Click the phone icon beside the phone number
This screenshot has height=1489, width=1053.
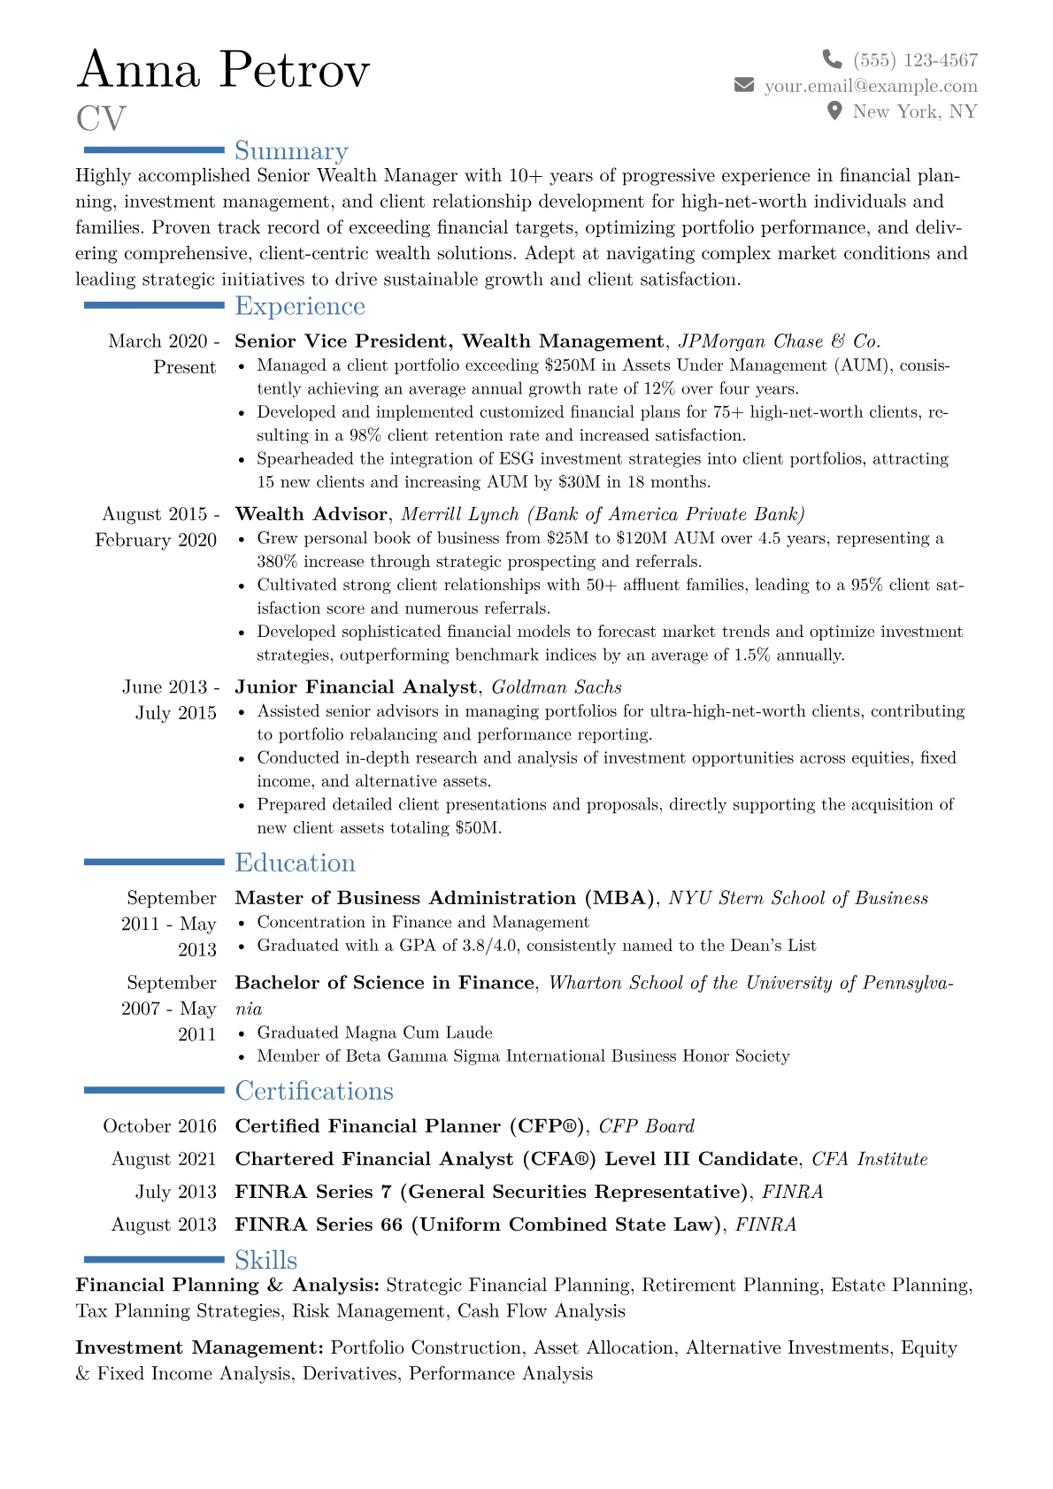pos(832,59)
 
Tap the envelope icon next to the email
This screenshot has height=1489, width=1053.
pos(744,85)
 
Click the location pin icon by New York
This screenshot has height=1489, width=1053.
pos(834,111)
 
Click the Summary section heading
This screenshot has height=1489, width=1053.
pos(291,151)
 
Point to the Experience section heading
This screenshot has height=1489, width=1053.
pos(300,306)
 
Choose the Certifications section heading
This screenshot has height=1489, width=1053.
pos(314,1091)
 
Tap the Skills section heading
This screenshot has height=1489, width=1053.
pos(266,1260)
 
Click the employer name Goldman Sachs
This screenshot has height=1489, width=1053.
pos(557,687)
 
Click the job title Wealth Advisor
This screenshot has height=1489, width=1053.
pos(311,515)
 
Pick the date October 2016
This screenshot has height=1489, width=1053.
pos(160,1126)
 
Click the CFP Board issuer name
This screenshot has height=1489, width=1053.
pos(647,1126)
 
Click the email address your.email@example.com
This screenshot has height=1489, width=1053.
pos(871,86)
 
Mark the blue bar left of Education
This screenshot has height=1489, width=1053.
pos(154,862)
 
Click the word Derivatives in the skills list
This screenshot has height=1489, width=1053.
pos(350,1373)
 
